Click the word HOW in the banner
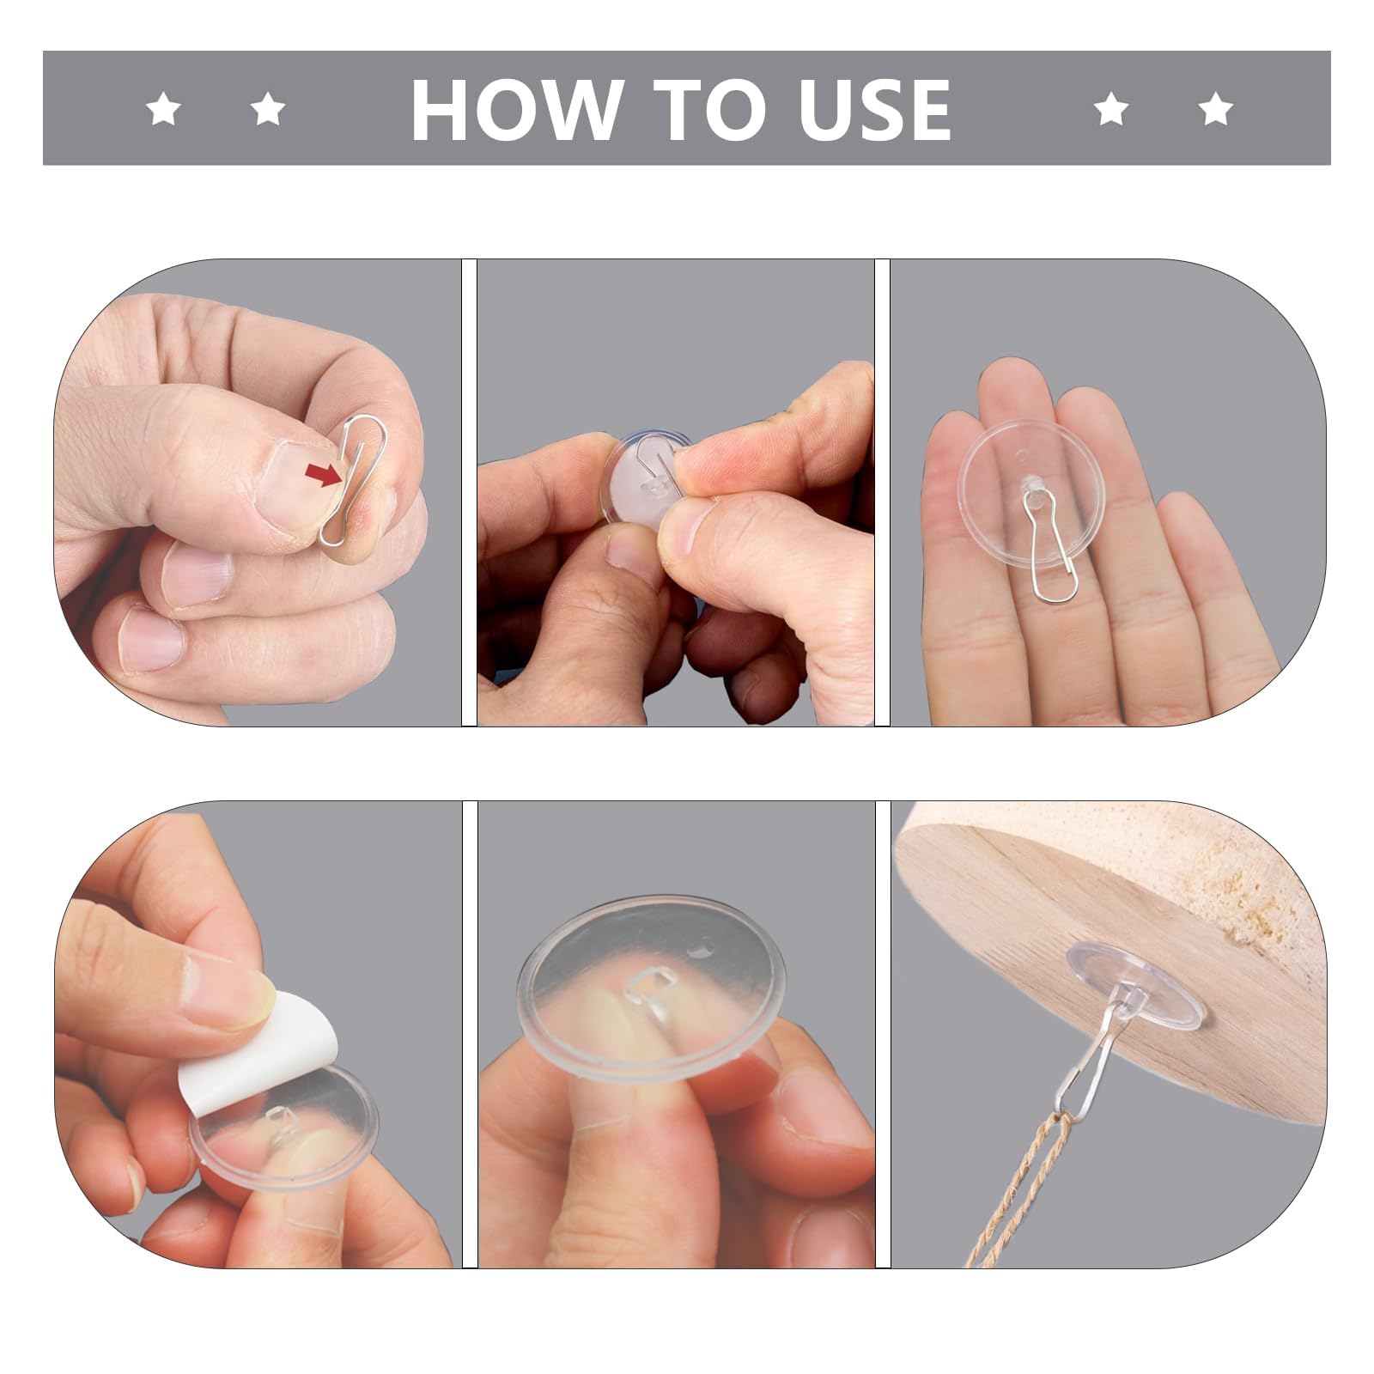tap(516, 109)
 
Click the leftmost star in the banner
tap(162, 110)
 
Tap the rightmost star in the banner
tap(1215, 110)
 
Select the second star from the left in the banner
tap(268, 110)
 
